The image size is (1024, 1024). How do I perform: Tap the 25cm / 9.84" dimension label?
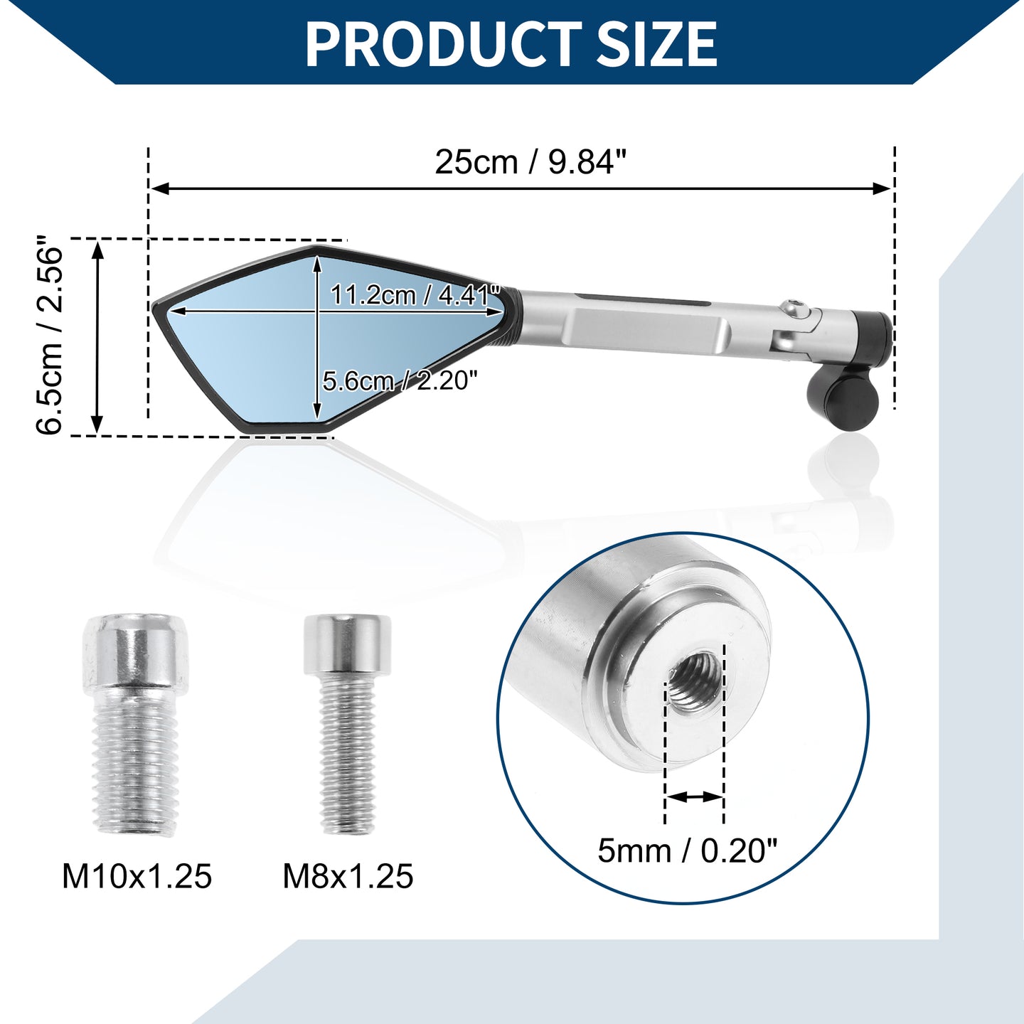tap(531, 161)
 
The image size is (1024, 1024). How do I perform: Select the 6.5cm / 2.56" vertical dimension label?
tap(50, 335)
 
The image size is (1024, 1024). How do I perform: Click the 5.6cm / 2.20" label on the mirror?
tap(400, 381)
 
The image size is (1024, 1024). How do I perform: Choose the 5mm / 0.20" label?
tap(687, 850)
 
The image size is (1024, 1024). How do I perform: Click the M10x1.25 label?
tap(137, 876)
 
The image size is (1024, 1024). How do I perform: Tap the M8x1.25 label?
tap(348, 876)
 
